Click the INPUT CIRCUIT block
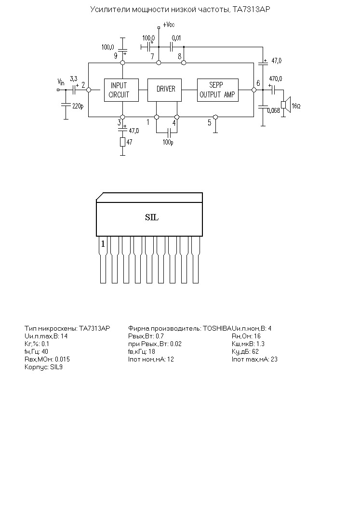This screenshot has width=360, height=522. [121, 90]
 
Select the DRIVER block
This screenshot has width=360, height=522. [165, 90]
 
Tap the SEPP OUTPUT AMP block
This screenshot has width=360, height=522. [218, 90]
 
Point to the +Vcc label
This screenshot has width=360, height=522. [169, 25]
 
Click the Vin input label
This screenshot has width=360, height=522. [61, 82]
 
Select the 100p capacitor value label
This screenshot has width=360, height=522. [168, 143]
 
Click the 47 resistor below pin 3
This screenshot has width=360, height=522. [122, 142]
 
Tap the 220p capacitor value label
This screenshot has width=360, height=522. [78, 107]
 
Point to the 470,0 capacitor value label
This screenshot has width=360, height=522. [276, 79]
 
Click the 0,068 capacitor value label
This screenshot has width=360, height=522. [273, 110]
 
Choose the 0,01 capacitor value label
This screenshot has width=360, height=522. [176, 38]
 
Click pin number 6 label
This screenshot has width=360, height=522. [258, 83]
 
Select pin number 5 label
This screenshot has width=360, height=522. [209, 123]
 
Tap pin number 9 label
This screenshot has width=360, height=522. [116, 56]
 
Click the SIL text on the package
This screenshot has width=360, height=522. [152, 217]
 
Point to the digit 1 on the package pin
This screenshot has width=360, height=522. [103, 244]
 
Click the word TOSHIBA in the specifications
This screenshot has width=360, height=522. [217, 329]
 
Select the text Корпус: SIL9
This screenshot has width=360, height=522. [43, 367]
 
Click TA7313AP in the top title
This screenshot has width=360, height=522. [250, 10]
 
